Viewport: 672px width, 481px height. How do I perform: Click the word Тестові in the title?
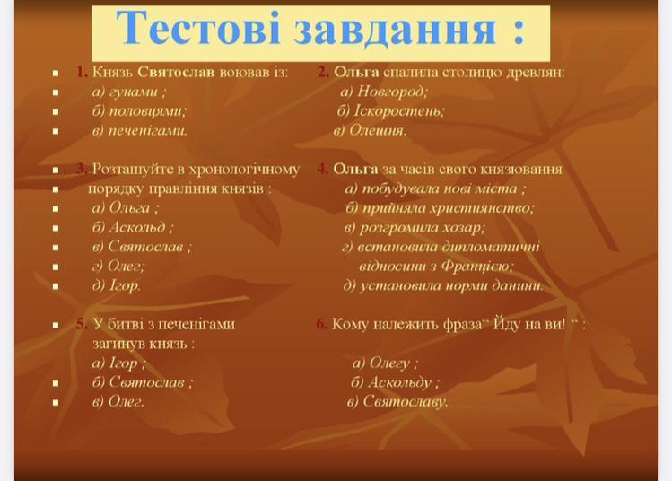click(198, 28)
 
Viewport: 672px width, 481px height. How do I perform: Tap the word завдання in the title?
click(395, 29)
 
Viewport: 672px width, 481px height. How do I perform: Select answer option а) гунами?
click(129, 92)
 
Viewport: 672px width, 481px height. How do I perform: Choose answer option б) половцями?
click(139, 111)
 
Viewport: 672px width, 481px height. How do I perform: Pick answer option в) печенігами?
click(140, 130)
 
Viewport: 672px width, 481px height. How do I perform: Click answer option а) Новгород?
click(384, 92)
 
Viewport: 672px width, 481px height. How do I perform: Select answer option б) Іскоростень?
click(391, 111)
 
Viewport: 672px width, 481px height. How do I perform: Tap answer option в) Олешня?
click(370, 130)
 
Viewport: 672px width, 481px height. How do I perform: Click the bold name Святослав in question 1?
click(176, 72)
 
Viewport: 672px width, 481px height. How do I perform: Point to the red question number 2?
click(323, 72)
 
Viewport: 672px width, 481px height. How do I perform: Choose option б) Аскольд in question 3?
click(133, 227)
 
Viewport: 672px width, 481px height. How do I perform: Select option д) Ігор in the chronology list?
click(116, 285)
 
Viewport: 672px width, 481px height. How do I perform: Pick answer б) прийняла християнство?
click(441, 208)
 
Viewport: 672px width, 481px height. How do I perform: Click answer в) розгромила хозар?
click(415, 228)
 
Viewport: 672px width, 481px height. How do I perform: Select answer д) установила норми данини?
click(443, 285)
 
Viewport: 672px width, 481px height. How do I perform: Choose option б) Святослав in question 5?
click(143, 382)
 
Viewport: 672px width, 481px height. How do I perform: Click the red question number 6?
click(321, 324)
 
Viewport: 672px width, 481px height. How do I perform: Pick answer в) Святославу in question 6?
click(397, 402)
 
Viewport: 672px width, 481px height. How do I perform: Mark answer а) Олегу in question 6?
click(385, 363)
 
